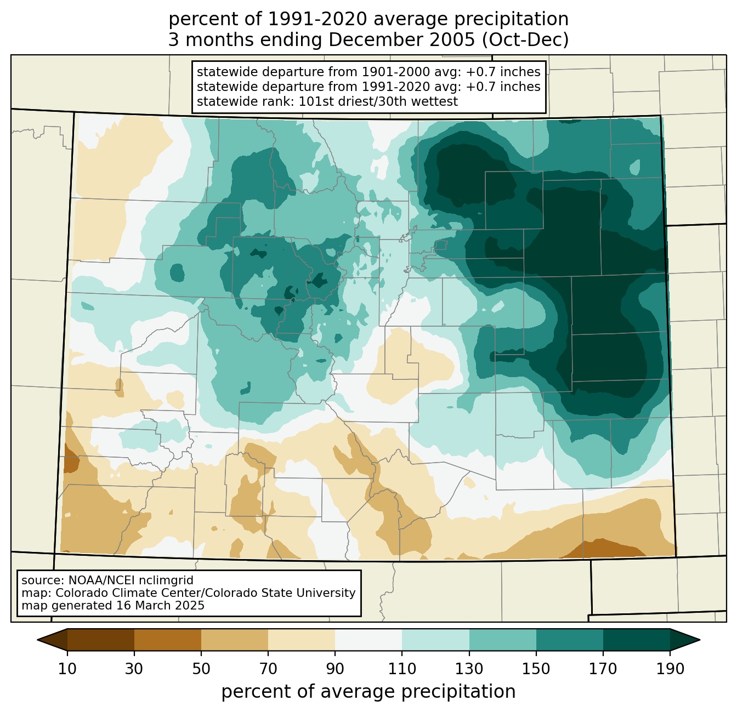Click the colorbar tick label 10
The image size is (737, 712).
tap(67, 669)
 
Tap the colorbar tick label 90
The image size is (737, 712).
tap(335, 669)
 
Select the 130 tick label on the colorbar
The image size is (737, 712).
tap(469, 669)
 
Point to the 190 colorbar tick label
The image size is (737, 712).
tap(670, 669)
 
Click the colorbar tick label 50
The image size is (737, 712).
tap(201, 669)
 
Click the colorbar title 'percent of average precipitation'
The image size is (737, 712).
tap(368, 692)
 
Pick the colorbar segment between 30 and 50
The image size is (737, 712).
tap(167, 640)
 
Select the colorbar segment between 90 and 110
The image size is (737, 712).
tap(368, 640)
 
